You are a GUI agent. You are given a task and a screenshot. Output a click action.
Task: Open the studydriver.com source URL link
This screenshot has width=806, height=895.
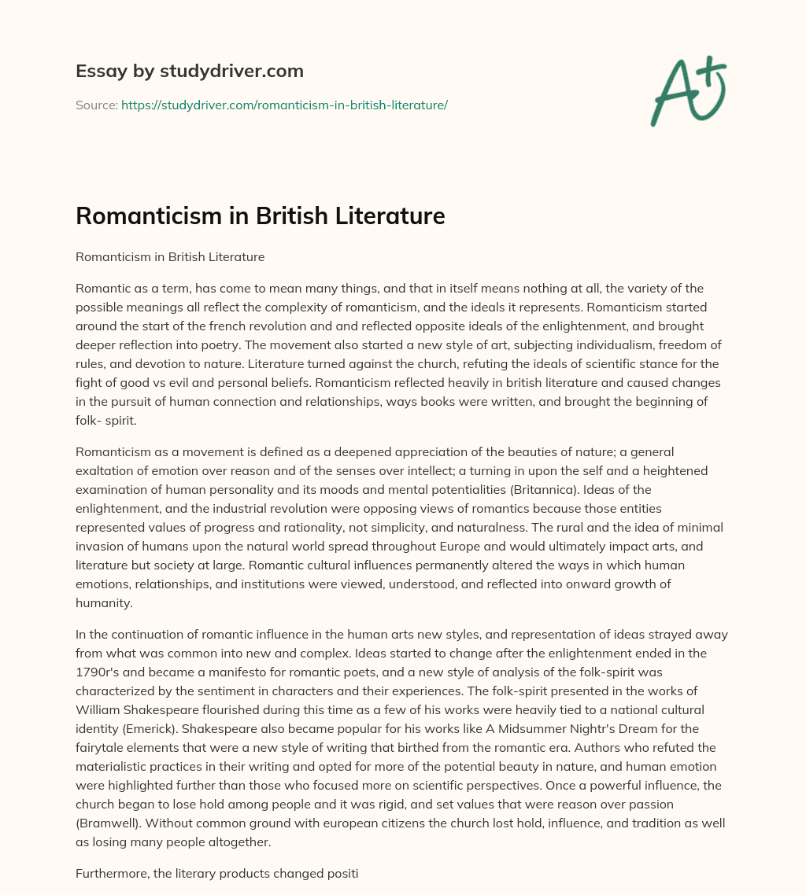284,105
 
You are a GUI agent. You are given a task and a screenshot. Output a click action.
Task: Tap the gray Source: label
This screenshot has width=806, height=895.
96,105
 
